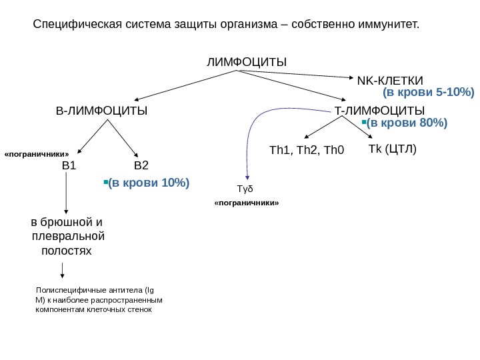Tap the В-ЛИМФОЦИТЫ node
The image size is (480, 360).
point(101,110)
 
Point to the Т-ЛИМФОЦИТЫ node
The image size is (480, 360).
point(379,110)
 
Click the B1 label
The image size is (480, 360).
point(69,165)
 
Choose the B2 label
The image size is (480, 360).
point(141,165)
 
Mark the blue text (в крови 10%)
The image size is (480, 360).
point(149,181)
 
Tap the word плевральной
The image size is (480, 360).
point(69,236)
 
